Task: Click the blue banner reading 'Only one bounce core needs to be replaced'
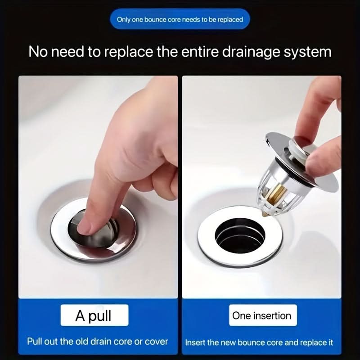pyautogui.click(x=180, y=19)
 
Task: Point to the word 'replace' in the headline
pyautogui.click(x=129, y=52)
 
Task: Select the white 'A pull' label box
pyautogui.click(x=94, y=315)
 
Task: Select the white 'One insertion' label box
pyautogui.click(x=263, y=315)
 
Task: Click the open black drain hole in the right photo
pyautogui.click(x=240, y=236)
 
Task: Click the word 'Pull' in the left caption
pyautogui.click(x=35, y=342)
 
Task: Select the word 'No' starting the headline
pyautogui.click(x=38, y=52)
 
